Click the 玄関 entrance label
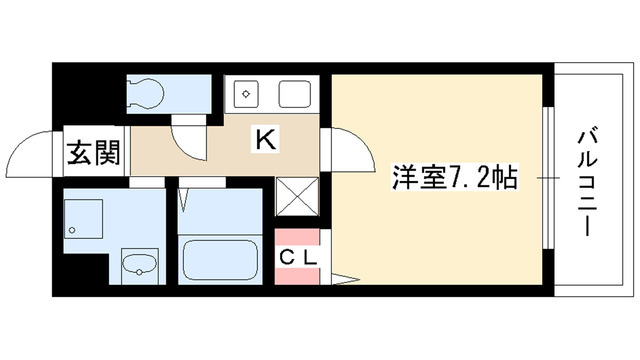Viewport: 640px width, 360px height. (95, 153)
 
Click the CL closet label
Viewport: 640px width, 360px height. (297, 257)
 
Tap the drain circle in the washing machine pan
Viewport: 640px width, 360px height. (73, 231)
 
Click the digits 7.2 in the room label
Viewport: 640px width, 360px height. (476, 180)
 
